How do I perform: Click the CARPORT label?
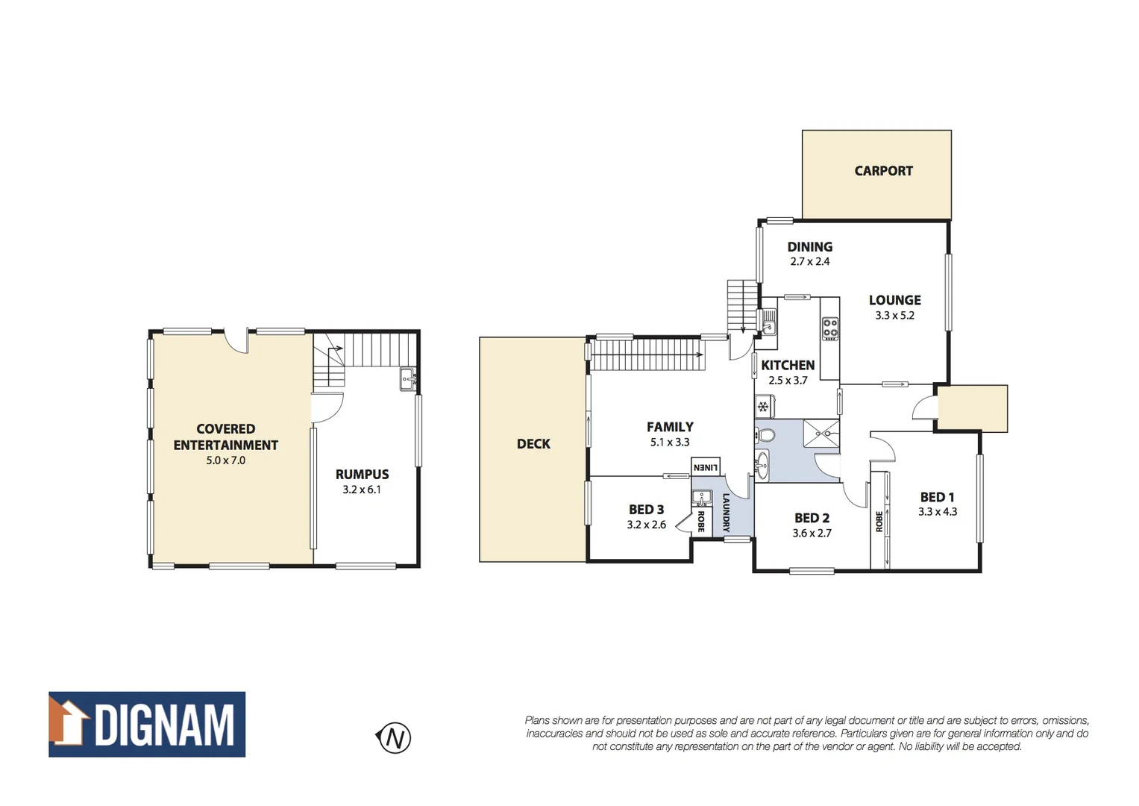point(883,171)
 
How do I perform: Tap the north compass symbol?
point(395,738)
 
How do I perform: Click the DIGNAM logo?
point(147,725)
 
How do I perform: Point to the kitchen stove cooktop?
point(830,328)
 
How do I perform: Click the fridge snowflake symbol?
point(763,407)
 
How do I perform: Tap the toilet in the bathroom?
point(765,435)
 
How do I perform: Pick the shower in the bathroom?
point(821,434)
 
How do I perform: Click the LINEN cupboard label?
point(705,467)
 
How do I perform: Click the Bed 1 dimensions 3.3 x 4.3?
point(938,512)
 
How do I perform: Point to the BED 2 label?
point(812,518)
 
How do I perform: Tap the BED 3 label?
point(646,510)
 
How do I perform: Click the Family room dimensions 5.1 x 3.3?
point(670,443)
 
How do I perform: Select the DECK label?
point(533,444)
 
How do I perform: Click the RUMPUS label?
point(362,475)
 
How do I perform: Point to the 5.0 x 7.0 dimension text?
point(225,460)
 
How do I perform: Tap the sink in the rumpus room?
point(407,378)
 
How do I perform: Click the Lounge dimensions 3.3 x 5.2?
point(894,316)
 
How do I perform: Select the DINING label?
point(809,247)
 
